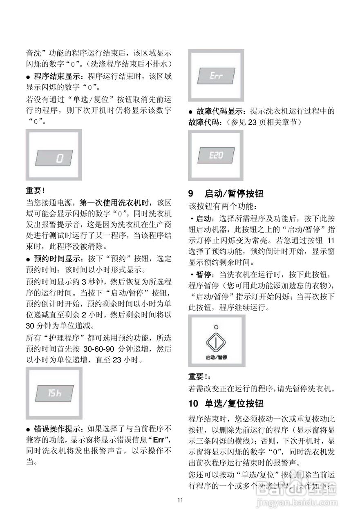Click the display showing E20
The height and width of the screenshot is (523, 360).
pyautogui.click(x=216, y=156)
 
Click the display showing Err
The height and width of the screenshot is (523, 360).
pyautogui.click(x=216, y=76)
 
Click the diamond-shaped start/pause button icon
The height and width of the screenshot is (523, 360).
pyautogui.click(x=216, y=342)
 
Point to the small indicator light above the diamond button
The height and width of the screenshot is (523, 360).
pyautogui.click(x=216, y=327)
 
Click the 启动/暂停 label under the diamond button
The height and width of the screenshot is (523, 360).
pyautogui.click(x=216, y=357)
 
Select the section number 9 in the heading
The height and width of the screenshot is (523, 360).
pyautogui.click(x=190, y=193)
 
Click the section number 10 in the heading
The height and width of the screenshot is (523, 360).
pyautogui.click(x=193, y=404)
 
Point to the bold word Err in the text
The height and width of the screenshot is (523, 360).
pyautogui.click(x=159, y=440)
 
